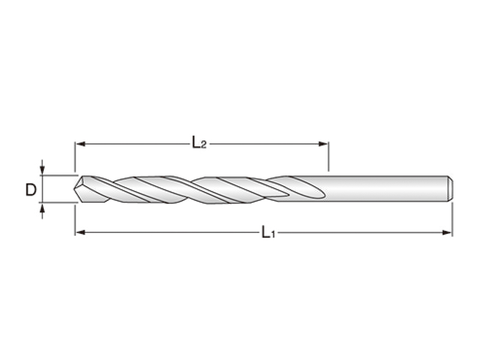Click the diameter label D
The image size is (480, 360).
tap(31, 190)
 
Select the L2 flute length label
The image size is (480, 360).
tap(199, 143)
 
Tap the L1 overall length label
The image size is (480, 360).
tap(268, 232)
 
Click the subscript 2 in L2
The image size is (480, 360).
tap(204, 146)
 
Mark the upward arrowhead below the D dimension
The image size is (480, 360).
tap(42, 208)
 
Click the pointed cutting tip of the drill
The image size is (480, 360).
tap(75, 189)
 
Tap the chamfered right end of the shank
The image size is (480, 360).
tap(450, 188)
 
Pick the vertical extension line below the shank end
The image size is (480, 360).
tap(452, 217)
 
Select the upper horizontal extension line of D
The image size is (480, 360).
tap(57, 176)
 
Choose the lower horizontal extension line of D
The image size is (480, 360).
tap(57, 203)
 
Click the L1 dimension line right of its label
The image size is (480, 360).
tap(360, 232)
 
